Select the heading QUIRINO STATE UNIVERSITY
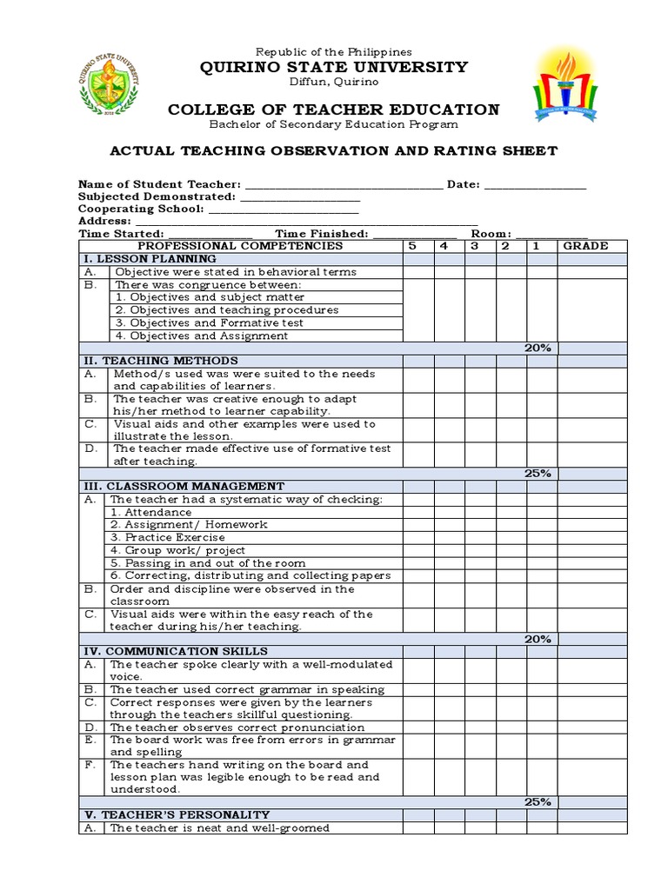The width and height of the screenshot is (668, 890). tap(334, 67)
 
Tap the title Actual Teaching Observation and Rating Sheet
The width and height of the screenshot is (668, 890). tap(334, 150)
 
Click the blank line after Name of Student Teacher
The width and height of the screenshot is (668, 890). tap(344, 184)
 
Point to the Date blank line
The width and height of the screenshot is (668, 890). tap(535, 184)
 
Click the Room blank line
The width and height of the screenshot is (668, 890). tap(551, 234)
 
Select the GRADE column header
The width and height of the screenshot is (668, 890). tap(585, 246)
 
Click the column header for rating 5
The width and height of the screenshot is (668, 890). tap(412, 246)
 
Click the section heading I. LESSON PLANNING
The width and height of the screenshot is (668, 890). tap(150, 259)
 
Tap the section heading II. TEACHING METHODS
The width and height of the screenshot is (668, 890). tap(160, 361)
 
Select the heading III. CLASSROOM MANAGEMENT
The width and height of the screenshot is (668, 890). tap(184, 486)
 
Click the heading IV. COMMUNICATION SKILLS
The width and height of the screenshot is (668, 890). tap(175, 651)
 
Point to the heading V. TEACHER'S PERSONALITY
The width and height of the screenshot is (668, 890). tap(177, 814)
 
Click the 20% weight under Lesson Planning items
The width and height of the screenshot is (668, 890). tap(538, 348)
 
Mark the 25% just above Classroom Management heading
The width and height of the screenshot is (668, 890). tap(538, 474)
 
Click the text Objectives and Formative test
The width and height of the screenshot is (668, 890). tap(209, 322)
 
